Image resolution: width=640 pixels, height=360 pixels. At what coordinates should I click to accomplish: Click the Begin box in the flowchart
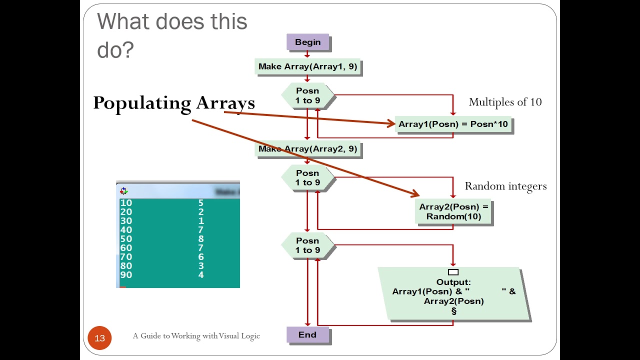307,42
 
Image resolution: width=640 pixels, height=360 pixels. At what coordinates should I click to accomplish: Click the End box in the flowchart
307,335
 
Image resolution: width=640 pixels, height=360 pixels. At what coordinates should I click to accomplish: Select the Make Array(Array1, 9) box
307,66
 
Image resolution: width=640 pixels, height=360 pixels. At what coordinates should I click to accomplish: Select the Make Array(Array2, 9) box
307,149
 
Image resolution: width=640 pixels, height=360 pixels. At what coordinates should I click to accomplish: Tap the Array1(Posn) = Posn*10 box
453,124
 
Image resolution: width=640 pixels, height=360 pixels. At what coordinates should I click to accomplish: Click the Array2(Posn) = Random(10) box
453,211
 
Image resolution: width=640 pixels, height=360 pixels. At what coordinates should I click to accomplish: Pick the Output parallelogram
453,295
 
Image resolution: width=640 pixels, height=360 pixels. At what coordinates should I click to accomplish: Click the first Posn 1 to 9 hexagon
307,95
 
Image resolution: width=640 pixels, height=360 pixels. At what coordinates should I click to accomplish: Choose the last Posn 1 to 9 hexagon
307,245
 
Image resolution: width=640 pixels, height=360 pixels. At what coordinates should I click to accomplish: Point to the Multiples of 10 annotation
505,102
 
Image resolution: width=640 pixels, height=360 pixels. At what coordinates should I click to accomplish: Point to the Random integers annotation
505,186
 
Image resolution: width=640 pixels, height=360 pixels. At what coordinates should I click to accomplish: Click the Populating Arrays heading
174,103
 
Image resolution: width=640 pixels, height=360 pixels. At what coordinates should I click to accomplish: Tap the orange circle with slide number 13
99,338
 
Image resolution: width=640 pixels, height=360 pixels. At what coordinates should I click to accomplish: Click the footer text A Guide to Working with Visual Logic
196,336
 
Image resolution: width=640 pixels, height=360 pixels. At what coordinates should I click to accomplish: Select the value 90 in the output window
126,275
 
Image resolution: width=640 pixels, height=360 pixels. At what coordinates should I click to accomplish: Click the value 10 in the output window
126,203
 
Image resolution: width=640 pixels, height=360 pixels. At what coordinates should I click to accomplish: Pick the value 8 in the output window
201,239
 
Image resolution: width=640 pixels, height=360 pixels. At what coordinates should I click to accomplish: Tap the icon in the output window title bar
124,191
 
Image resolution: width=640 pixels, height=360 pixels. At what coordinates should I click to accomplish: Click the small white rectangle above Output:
453,272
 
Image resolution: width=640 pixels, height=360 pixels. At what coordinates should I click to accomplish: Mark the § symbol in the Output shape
453,311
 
